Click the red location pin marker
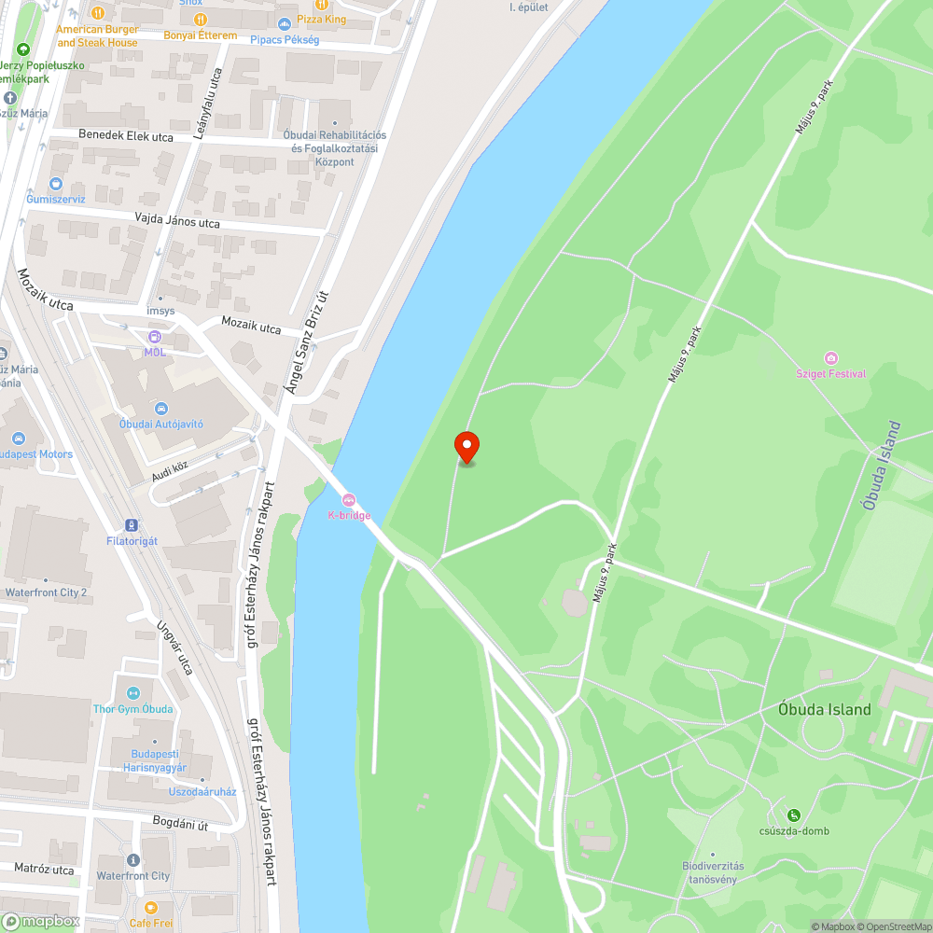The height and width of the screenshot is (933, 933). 466,448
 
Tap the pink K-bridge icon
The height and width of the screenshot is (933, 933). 349,500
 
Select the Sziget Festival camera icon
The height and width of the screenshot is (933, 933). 831,358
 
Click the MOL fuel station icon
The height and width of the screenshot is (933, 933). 154,337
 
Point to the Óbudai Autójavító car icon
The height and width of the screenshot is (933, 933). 160,409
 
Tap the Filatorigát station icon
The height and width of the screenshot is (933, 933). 132,525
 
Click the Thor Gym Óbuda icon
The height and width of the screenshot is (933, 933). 132,693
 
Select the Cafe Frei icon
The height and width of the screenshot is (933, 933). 151,907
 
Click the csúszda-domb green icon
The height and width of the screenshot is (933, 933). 794,815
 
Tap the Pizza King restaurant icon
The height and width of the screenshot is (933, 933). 321,4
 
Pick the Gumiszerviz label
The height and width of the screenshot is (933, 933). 56,199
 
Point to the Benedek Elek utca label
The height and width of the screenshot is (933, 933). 126,136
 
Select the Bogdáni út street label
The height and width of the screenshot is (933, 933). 179,824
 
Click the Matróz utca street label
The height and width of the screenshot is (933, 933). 44,870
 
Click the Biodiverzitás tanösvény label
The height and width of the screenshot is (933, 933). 713,872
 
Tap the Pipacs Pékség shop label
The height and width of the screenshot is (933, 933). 285,40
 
